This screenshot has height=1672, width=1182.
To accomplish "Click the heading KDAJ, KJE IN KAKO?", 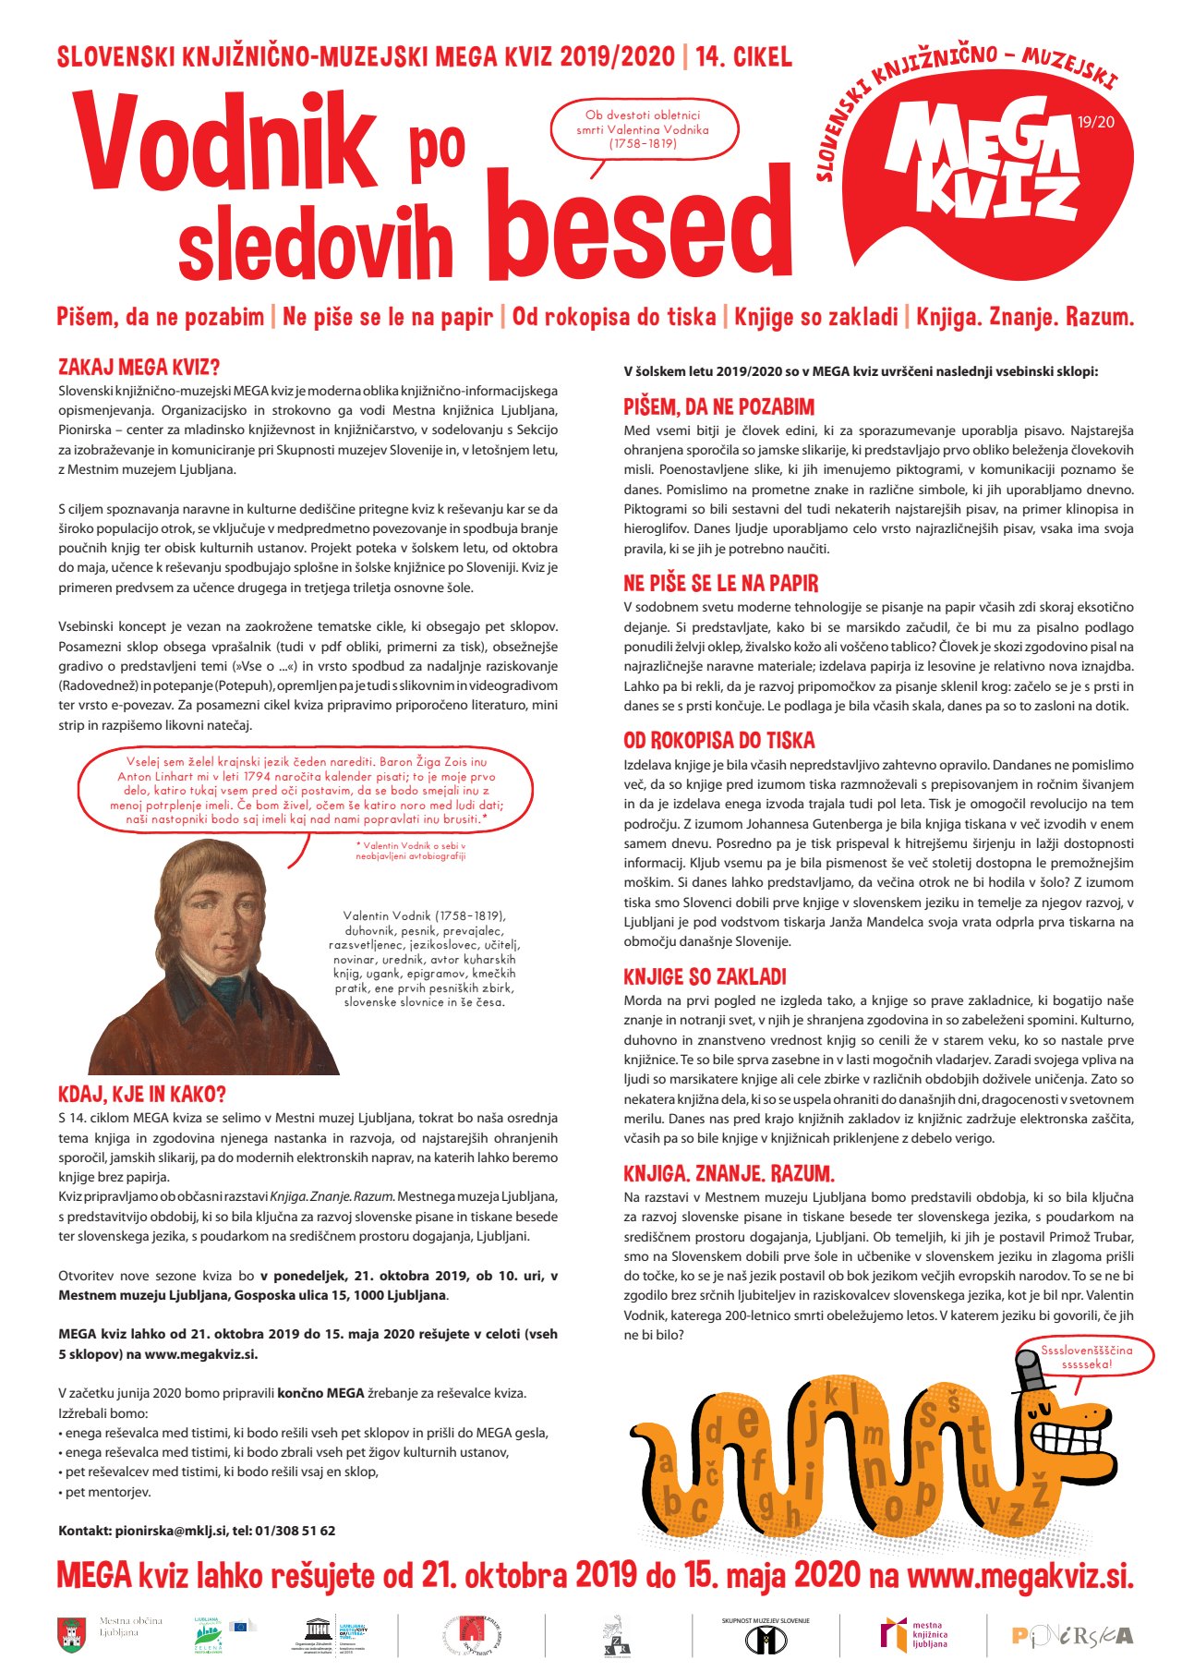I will coord(141,1095).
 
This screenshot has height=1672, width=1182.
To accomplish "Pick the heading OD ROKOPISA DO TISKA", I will coord(718,741).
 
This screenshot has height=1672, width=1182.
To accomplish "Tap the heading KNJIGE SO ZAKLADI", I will coord(705,976).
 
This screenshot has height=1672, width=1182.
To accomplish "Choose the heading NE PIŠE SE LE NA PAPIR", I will coord(720,583).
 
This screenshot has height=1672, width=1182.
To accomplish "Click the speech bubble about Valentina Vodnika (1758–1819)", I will coord(644,129).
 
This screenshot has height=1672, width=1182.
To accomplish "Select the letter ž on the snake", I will coord(1040,1489).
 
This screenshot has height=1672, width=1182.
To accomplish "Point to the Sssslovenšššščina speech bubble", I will coord(1086,1356).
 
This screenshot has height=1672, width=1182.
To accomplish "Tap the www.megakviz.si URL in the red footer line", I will coord(1019,1575).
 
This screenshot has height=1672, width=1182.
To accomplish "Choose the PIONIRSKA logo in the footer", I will coord(1071,1635).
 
